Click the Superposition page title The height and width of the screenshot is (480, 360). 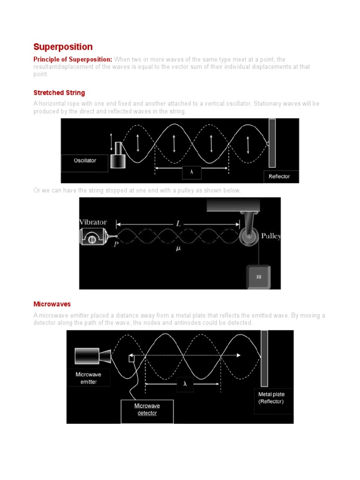pyautogui.click(x=63, y=47)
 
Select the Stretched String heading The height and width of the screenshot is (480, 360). pyautogui.click(x=59, y=93)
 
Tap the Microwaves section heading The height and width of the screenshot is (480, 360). pyautogui.click(x=52, y=304)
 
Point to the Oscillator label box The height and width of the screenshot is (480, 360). pyautogui.click(x=85, y=161)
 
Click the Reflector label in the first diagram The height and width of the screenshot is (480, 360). pyautogui.click(x=279, y=176)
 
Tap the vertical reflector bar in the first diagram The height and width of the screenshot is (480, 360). pyautogui.click(x=272, y=142)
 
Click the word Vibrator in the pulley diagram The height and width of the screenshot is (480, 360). pyautogui.click(x=93, y=222)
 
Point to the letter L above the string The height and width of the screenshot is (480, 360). pyautogui.click(x=178, y=224)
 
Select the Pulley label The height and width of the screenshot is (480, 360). pyautogui.click(x=270, y=236)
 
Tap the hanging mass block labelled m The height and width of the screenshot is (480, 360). pyautogui.click(x=258, y=277)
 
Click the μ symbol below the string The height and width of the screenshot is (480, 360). pyautogui.click(x=178, y=249)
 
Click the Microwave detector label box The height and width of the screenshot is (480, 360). pyautogui.click(x=147, y=409)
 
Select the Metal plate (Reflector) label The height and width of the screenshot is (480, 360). pyautogui.click(x=274, y=398)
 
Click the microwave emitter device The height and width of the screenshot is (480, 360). pyautogui.click(x=92, y=356)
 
